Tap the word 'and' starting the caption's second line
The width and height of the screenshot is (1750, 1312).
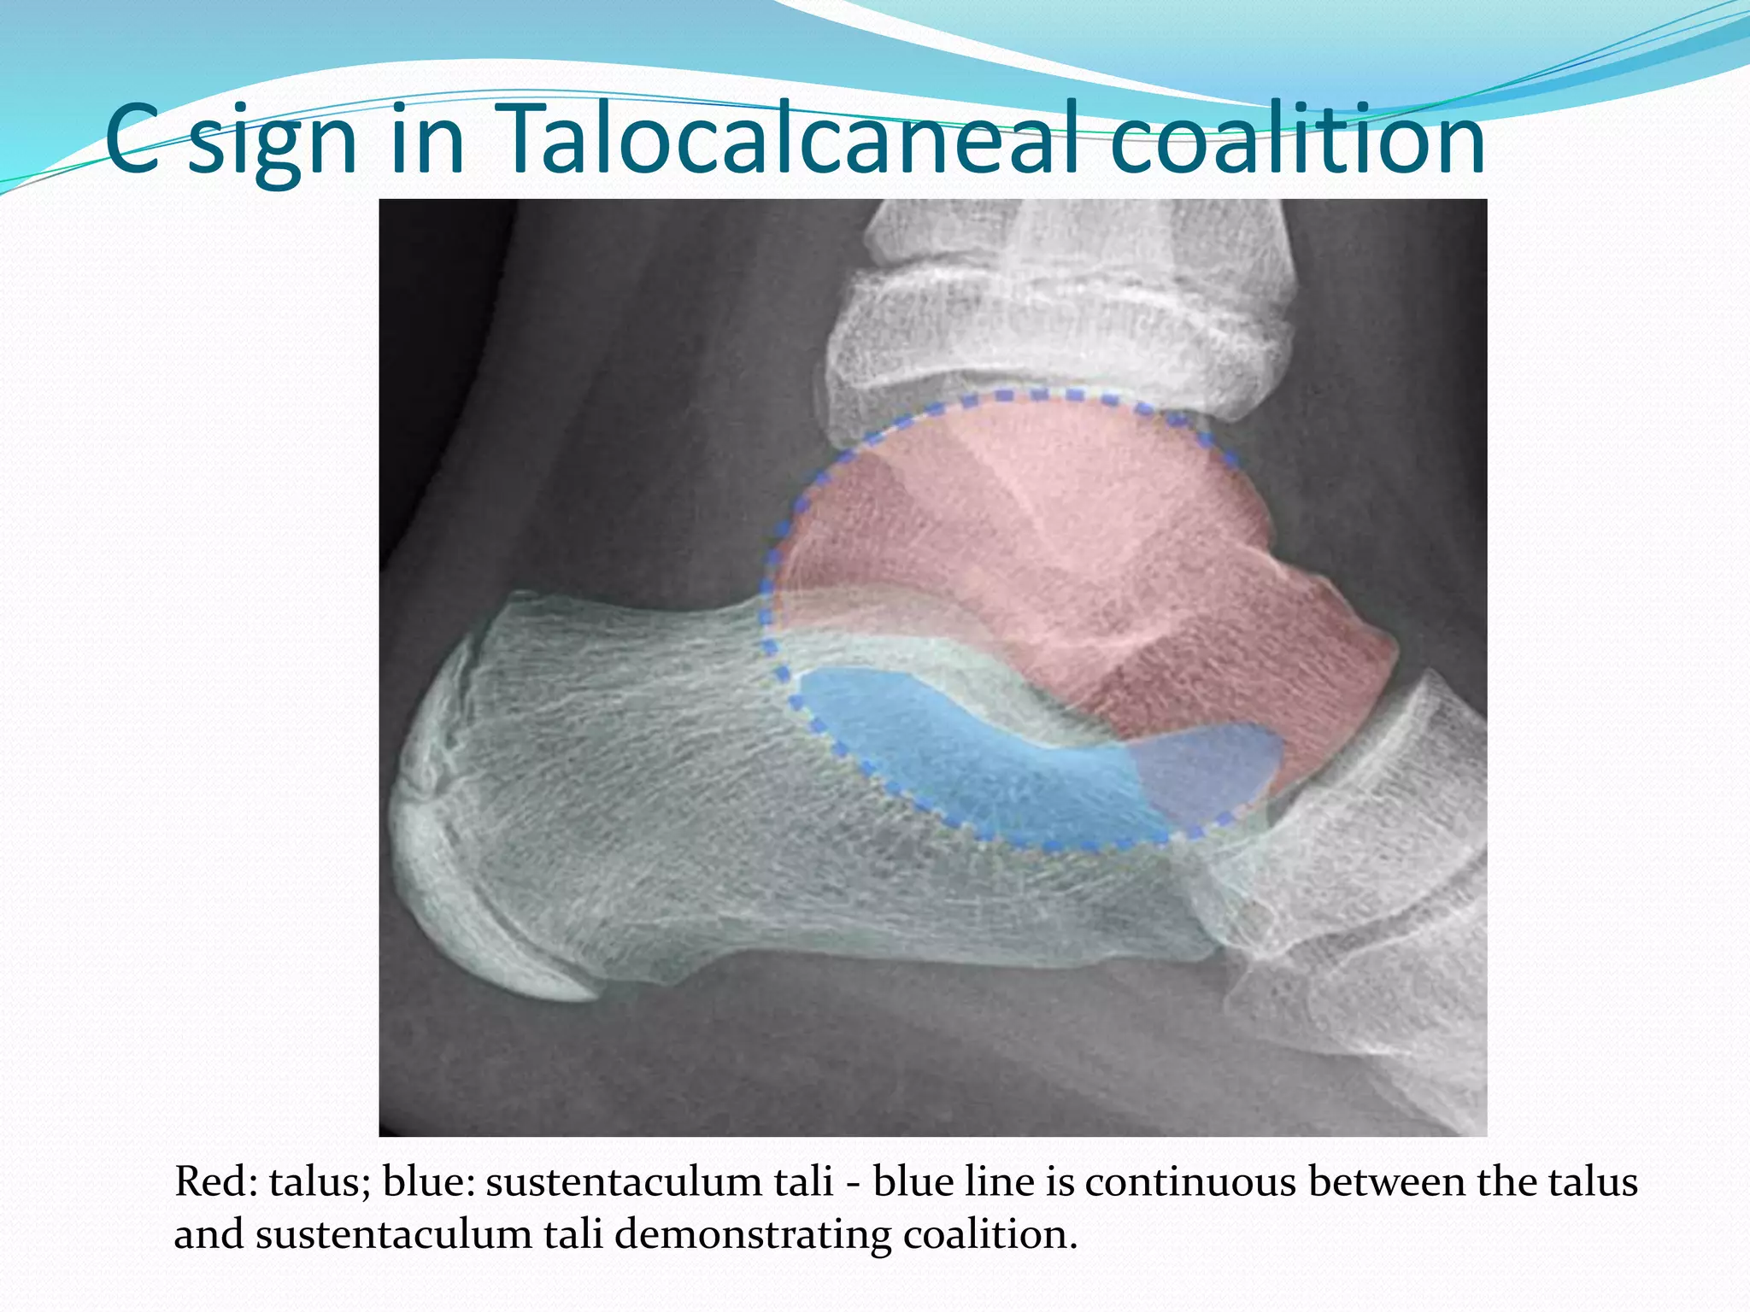(209, 1235)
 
